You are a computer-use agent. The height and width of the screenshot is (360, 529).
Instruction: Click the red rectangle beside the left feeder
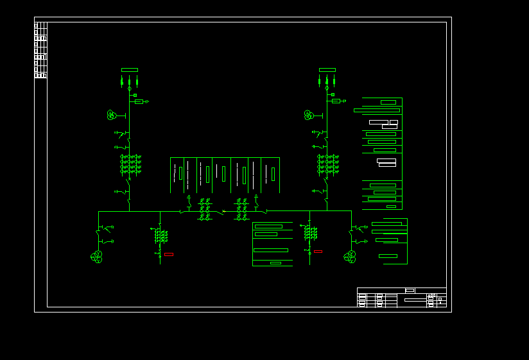pos(169,255)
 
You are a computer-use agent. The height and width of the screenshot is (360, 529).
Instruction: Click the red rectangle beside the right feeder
pos(318,252)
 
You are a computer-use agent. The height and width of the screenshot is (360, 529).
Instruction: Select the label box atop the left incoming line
pos(130,70)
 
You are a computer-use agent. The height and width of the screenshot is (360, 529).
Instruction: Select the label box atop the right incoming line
pos(327,70)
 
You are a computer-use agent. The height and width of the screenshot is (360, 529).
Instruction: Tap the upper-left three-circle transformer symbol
pos(112,115)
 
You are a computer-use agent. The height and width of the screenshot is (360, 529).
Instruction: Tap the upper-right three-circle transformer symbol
pos(309,115)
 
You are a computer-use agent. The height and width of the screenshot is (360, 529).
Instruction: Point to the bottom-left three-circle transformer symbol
pos(97,257)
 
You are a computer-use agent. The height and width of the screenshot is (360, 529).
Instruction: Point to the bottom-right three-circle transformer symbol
pos(350,257)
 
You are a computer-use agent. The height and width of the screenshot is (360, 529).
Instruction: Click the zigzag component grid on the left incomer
pos(130,164)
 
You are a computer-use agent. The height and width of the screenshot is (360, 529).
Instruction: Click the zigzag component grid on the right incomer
pos(328,164)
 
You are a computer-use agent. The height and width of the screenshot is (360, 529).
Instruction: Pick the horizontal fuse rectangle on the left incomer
pos(139,101)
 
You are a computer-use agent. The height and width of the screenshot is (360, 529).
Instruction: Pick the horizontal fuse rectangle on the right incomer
pos(336,101)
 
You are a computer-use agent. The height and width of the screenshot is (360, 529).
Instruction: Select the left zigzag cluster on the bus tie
pos(205,209)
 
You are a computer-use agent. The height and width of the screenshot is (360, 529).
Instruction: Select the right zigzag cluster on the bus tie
pos(242,209)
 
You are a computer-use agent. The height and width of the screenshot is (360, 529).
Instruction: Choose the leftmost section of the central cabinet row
pos(177,175)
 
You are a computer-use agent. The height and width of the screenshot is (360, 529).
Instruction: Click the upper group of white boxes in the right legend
pos(384,123)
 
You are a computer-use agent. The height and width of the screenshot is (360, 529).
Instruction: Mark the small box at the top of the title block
pos(410,291)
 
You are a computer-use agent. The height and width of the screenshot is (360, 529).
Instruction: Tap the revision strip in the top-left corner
pos(40,50)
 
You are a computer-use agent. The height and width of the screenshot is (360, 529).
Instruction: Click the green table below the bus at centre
pos(272,244)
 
